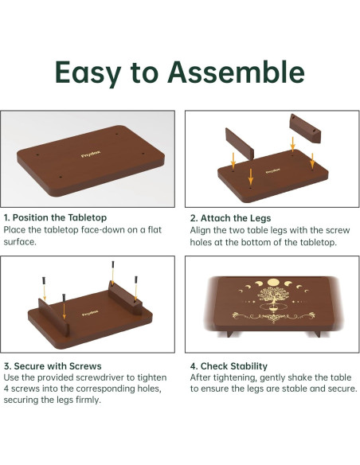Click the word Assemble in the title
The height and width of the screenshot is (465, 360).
[236, 72]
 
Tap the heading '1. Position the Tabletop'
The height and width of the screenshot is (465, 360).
[55, 217]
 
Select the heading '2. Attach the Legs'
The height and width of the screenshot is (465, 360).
[230, 218]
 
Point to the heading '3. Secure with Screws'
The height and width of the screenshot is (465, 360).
[53, 366]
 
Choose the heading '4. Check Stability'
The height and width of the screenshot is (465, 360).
[229, 366]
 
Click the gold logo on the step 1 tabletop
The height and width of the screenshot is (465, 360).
[91, 154]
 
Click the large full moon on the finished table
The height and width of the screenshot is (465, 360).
[274, 283]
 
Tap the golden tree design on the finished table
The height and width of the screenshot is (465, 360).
[273, 296]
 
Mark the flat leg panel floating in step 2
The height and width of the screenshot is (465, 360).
[239, 144]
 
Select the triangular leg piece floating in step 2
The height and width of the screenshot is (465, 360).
[305, 128]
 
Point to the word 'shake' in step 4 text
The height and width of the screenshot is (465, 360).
[299, 377]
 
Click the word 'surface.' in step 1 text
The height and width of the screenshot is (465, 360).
[20, 242]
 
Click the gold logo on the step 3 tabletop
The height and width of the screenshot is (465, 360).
[90, 313]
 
